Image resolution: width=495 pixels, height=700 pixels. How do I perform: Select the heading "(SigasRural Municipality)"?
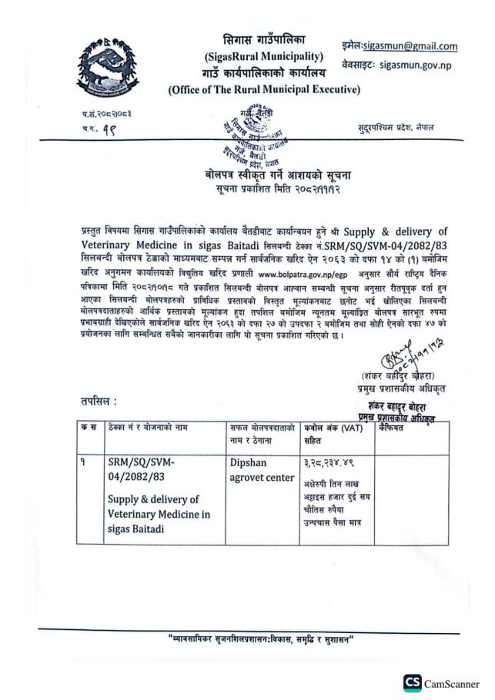tap(264, 57)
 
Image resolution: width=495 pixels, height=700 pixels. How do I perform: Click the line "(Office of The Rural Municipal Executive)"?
tap(264, 90)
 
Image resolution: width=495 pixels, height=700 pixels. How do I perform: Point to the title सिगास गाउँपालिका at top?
tap(264, 40)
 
